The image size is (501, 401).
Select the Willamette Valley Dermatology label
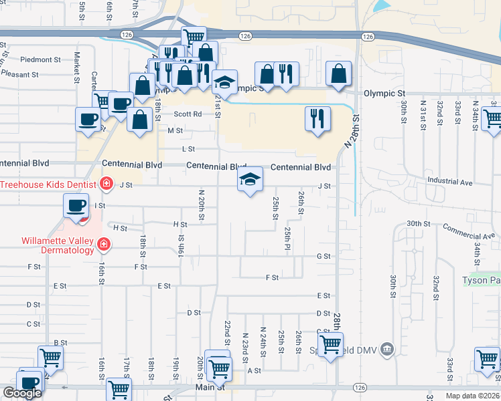(x=47, y=245)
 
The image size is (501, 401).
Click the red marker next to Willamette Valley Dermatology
(x=104, y=245)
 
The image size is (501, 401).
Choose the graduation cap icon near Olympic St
(x=224, y=82)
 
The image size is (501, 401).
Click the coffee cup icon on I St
(x=76, y=205)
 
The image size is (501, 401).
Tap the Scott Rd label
(x=188, y=114)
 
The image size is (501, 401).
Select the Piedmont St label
(x=40, y=59)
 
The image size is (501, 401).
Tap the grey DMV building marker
(x=386, y=348)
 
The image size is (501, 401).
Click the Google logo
(x=22, y=393)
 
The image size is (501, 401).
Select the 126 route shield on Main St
(x=360, y=388)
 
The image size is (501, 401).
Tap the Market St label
(x=77, y=64)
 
